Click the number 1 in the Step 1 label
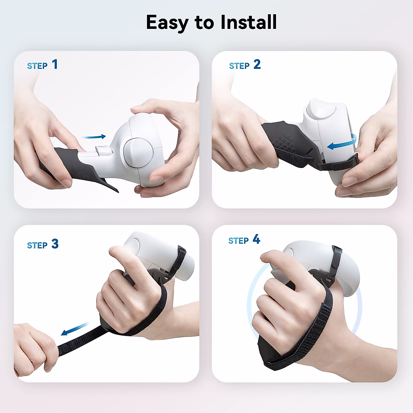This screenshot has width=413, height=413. click(55, 64)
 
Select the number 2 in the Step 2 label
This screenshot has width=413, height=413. click(257, 64)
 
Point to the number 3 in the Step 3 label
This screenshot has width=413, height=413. click(55, 244)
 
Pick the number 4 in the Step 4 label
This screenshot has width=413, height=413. click(256, 239)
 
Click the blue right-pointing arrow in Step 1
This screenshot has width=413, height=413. click(94, 137)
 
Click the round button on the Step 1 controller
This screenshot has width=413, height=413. click(137, 153)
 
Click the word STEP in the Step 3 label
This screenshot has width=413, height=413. click(37, 245)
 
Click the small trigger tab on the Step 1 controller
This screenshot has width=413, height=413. click(103, 150)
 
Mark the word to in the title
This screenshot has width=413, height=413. click(204, 23)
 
